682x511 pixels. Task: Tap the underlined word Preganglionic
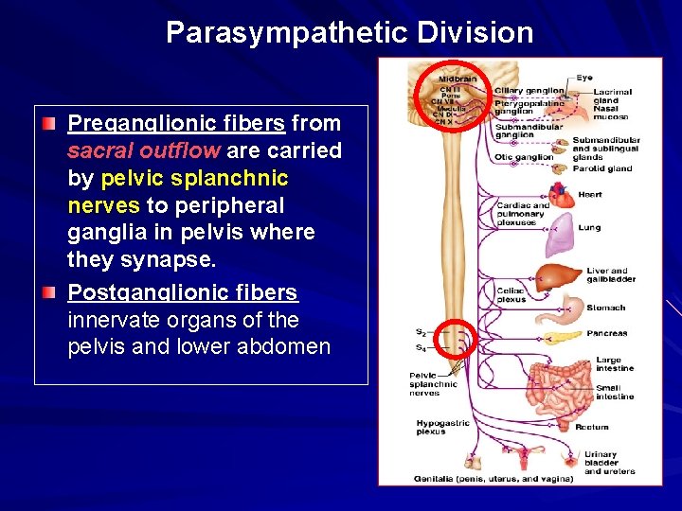pyautogui.click(x=129, y=124)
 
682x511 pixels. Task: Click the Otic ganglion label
pyautogui.click(x=523, y=157)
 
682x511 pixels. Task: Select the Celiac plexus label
pyautogui.click(x=511, y=295)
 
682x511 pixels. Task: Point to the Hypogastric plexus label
pyautogui.click(x=438, y=427)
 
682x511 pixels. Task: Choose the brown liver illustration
pyautogui.click(x=558, y=277)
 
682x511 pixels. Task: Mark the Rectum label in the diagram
pyautogui.click(x=593, y=428)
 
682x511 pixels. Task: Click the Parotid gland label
pyautogui.click(x=601, y=168)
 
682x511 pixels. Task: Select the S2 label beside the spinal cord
pyautogui.click(x=421, y=332)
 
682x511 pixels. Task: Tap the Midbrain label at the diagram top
pyautogui.click(x=458, y=79)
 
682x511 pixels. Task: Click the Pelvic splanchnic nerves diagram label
pyautogui.click(x=433, y=384)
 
